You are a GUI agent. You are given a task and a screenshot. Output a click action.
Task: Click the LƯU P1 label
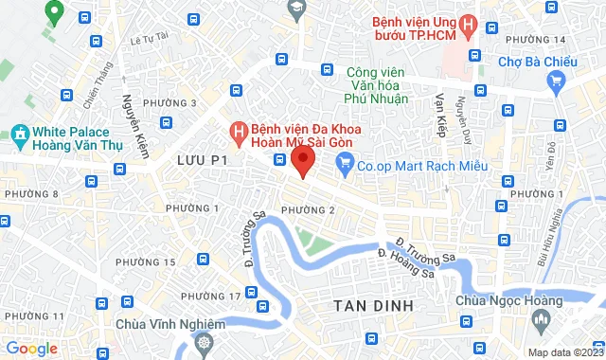tap(203, 162)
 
